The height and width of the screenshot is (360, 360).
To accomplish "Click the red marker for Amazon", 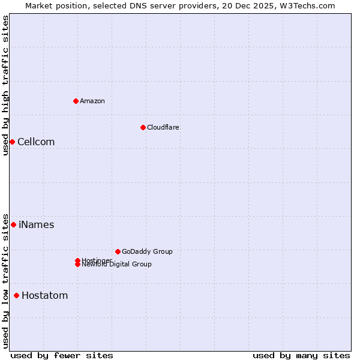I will pyautogui.click(x=76, y=101).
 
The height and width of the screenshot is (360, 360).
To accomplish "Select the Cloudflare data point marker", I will pyautogui.click(x=143, y=127).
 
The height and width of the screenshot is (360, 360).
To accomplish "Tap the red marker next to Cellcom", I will pyautogui.click(x=12, y=142).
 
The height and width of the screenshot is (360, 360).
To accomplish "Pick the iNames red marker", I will pyautogui.click(x=13, y=224).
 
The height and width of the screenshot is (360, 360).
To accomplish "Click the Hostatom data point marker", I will pyautogui.click(x=16, y=295).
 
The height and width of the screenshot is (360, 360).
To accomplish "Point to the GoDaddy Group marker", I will pyautogui.click(x=118, y=251).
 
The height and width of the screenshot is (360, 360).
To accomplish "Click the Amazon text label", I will pyautogui.click(x=92, y=101).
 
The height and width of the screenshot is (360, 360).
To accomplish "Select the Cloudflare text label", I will pyautogui.click(x=163, y=127).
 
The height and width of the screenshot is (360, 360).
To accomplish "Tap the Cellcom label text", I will pyautogui.click(x=36, y=142).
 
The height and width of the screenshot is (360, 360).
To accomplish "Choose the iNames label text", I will pyautogui.click(x=37, y=225).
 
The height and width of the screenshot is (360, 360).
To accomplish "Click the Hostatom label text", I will pyautogui.click(x=45, y=296).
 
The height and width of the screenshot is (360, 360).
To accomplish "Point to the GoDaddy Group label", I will pyautogui.click(x=147, y=251).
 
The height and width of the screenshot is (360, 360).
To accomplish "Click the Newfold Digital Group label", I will pyautogui.click(x=117, y=265).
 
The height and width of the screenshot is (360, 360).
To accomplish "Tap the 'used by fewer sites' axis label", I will pyautogui.click(x=62, y=355).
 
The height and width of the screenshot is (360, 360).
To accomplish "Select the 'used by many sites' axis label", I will pyautogui.click(x=301, y=355).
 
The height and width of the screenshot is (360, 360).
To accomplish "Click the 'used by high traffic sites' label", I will pyautogui.click(x=5, y=85).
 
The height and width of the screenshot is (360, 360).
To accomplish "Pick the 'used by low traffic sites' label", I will pyautogui.click(x=5, y=281).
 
